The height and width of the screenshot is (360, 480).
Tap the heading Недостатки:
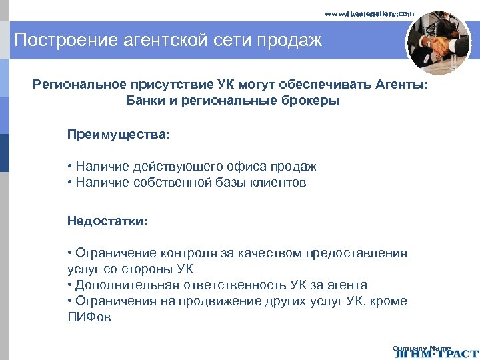[x=107, y=220]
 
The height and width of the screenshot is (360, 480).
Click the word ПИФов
[x=89, y=317]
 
